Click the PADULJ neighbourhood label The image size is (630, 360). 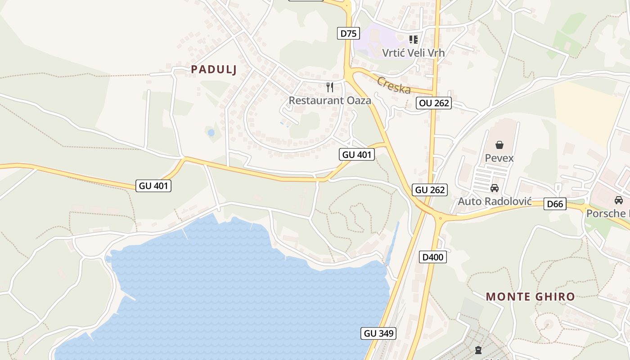214,69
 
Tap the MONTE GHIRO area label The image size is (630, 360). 531,297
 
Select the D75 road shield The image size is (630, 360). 348,33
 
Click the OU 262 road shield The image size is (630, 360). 434,103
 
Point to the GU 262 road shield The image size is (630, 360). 430,190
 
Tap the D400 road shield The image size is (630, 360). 433,257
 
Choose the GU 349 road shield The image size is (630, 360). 378,333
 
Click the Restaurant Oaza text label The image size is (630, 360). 330,100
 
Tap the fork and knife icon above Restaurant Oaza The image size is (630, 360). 330,87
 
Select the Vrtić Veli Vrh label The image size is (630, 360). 413,53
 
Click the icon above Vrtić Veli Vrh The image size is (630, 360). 413,40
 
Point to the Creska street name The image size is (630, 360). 394,85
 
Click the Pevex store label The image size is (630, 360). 499,158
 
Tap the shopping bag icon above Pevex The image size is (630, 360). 499,145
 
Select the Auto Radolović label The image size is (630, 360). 495,201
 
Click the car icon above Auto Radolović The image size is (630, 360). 495,188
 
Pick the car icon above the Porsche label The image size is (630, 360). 619,200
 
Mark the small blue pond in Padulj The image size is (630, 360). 211,132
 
